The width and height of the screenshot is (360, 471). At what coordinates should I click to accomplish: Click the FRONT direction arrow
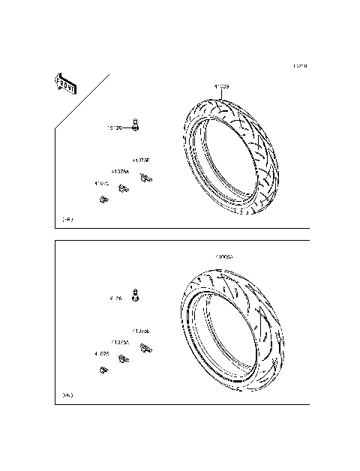point(63,82)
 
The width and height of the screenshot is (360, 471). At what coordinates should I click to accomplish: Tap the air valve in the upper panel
point(136,124)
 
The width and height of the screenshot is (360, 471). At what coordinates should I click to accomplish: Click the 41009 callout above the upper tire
point(221,87)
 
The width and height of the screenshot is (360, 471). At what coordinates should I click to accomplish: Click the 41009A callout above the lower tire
point(224,257)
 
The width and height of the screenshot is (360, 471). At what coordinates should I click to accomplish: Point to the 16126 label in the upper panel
point(113,128)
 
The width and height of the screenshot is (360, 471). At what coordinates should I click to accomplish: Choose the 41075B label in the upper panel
point(141,160)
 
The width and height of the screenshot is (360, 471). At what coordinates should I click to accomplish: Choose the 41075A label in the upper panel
point(120,172)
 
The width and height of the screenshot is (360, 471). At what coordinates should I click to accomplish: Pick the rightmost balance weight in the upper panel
point(148,177)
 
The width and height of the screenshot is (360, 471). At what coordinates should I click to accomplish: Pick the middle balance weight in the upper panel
point(124,188)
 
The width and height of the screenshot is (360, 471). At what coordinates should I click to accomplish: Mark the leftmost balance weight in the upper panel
point(102,199)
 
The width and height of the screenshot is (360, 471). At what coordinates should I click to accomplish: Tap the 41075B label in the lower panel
point(141,331)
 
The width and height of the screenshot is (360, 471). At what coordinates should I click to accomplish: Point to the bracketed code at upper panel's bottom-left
point(67,220)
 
